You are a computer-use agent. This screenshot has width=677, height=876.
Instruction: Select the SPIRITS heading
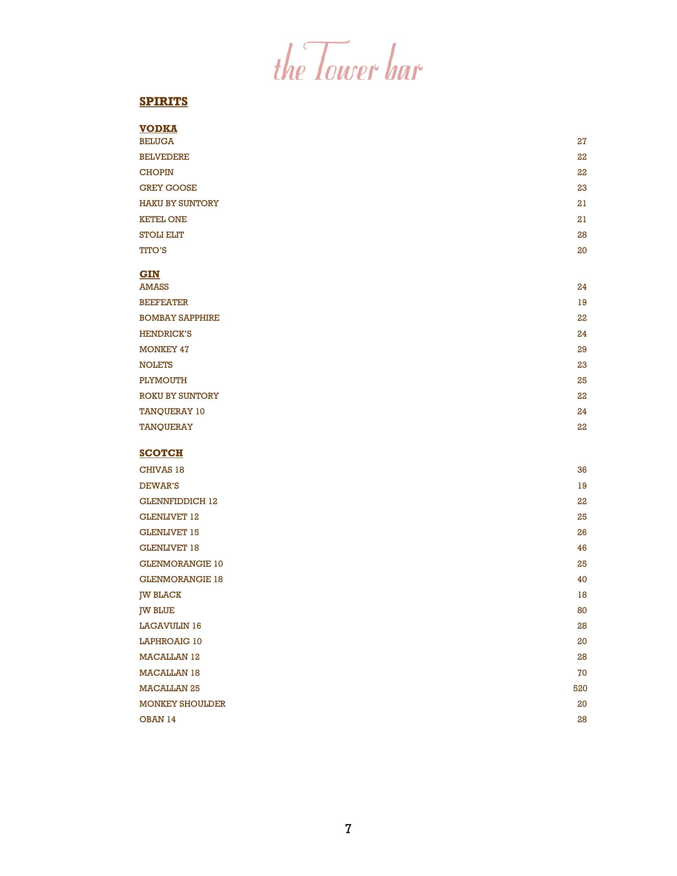click(x=163, y=101)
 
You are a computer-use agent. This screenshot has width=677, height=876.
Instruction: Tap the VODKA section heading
click(x=158, y=129)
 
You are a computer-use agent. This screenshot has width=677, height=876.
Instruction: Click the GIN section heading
click(x=150, y=274)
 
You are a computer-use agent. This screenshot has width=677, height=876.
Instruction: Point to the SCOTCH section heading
click(x=161, y=453)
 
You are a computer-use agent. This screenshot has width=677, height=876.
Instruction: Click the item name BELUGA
click(x=156, y=141)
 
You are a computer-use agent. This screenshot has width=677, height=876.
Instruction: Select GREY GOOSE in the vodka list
click(x=168, y=188)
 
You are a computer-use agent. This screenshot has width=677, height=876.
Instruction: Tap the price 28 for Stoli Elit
click(x=582, y=235)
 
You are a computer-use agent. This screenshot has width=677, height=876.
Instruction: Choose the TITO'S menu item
click(x=153, y=250)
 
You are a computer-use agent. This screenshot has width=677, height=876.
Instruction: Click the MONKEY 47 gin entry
click(x=164, y=349)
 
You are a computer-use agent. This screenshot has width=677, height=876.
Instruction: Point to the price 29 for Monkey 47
click(x=582, y=349)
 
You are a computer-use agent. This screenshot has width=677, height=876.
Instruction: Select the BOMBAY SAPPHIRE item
click(x=179, y=318)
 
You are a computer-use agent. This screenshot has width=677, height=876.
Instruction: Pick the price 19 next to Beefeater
click(x=582, y=302)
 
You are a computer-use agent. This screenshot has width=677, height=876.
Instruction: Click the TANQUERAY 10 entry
click(x=172, y=412)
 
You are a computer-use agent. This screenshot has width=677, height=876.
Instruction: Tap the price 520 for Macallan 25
click(x=580, y=688)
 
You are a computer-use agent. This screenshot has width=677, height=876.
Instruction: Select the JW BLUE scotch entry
click(x=157, y=610)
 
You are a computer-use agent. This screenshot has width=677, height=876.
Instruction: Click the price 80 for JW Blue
click(x=582, y=610)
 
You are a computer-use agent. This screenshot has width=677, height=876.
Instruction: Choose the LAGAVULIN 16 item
click(x=170, y=626)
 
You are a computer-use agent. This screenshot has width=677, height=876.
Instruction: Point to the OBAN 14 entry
click(x=157, y=720)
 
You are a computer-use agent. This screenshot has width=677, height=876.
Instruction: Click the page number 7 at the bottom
click(x=348, y=829)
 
